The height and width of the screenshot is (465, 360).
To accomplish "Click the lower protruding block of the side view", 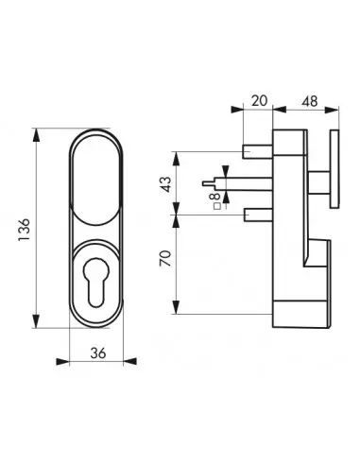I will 300,284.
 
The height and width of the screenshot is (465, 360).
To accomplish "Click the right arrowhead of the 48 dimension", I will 334,112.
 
